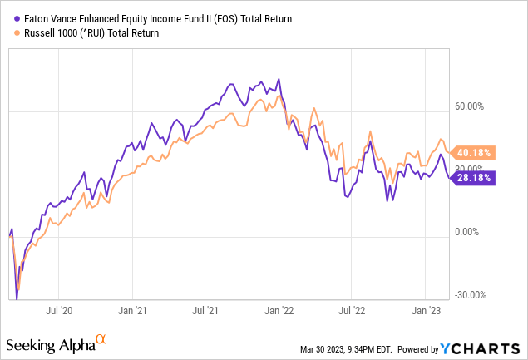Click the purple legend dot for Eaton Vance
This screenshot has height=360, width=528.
tap(11, 18)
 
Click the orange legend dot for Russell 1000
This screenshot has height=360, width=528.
tap(11, 33)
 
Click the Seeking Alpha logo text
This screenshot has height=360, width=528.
tap(49, 343)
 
